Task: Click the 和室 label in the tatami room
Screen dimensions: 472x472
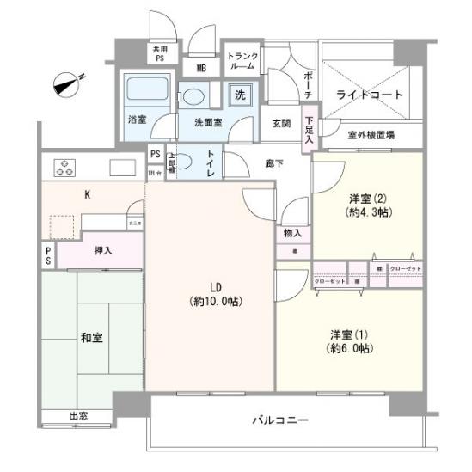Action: point(93,337)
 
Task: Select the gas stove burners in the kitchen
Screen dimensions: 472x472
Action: point(66,166)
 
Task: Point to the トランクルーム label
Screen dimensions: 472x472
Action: point(241,62)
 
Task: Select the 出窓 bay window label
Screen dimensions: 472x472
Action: point(78,417)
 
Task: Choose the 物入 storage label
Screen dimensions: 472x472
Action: point(293,233)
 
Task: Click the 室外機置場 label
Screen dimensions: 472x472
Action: point(371,135)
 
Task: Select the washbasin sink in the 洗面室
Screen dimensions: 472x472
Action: point(193,95)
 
